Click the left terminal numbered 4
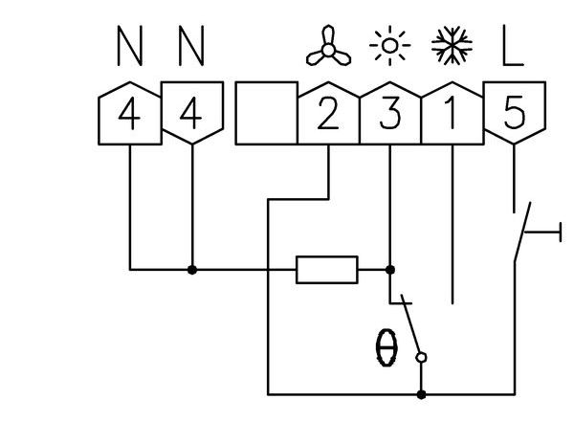tap(129, 115)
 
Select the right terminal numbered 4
tap(192, 115)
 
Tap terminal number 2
tap(328, 115)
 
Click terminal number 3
tap(389, 115)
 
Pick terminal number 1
tap(452, 115)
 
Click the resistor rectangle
tap(327, 270)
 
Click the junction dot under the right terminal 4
tap(192, 270)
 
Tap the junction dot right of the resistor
tap(389, 270)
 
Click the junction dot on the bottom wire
tap(422, 392)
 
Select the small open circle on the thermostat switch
tap(422, 358)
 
